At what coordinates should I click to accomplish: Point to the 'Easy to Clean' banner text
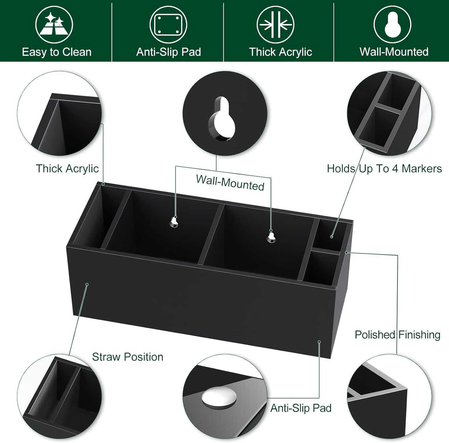pos(57,52)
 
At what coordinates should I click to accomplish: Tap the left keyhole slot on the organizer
pos(174,222)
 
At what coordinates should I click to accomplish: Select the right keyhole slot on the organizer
pos(271,236)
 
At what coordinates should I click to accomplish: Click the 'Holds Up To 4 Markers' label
pos(384,169)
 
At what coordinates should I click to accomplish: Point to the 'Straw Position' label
pos(127,357)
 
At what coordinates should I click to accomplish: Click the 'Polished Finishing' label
pos(397,335)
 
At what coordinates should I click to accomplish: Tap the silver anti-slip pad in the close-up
pos(219,399)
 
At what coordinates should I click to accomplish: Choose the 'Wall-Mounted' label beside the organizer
pos(230,183)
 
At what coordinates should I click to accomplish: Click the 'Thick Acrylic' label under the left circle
pos(67,169)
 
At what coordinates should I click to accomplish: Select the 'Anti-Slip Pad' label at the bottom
pos(301,408)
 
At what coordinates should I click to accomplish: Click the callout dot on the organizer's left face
pos(87,284)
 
